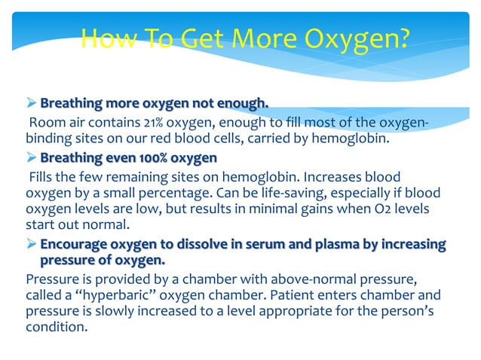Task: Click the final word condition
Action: pos(55,327)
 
